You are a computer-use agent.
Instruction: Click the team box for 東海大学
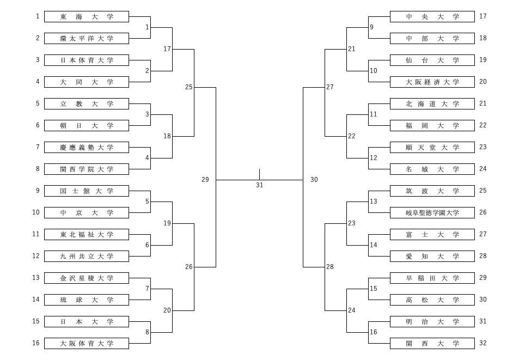pos(86,17)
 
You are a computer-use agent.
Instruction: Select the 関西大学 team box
pos(432,344)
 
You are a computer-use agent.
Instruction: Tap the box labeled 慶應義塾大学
pos(86,148)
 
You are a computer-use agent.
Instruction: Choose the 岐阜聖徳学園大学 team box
pos(432,213)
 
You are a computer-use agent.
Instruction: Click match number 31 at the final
pos(259,185)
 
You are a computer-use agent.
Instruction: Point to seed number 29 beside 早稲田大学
pos(483,278)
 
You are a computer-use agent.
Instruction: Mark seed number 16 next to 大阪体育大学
pos(36,343)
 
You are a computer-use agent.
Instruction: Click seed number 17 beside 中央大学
pos(483,16)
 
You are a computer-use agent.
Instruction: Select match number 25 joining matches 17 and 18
pos(188,87)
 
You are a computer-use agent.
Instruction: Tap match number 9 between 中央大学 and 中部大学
pos(371,27)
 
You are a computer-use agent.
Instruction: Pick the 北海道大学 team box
pos(432,104)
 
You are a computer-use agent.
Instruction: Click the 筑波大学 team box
pos(432,191)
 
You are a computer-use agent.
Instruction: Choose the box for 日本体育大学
pos(86,60)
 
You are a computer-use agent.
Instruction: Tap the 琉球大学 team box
pos(86,300)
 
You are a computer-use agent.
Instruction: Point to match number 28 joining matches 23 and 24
pos(330,267)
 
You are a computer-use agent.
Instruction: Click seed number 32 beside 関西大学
pos(483,343)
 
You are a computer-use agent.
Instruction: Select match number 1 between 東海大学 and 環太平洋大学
pos(147,27)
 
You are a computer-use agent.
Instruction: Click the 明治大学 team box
pos(432,322)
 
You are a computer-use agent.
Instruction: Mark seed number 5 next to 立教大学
pos(38,103)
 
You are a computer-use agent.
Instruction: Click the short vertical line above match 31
pos(259,174)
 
